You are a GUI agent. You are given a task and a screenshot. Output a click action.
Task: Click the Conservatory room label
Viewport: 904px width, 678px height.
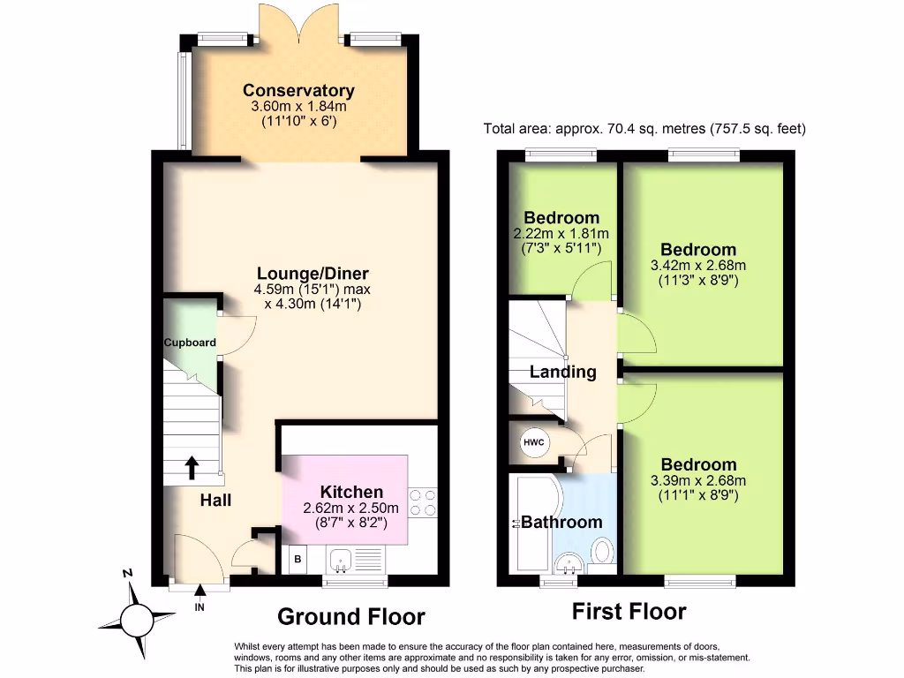pos(298,91)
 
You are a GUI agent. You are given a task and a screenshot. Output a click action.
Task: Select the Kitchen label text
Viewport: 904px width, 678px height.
pos(351,492)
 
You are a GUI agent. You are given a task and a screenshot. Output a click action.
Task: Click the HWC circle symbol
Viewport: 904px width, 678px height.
pos(534,442)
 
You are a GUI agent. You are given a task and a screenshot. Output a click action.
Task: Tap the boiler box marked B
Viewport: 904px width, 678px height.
pos(298,559)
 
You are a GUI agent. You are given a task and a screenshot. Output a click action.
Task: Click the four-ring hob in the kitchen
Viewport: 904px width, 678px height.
pos(422,501)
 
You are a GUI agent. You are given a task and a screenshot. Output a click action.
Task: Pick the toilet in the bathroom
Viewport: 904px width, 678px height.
pos(601,553)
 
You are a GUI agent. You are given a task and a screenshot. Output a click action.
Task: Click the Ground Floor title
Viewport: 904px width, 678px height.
pos(351,616)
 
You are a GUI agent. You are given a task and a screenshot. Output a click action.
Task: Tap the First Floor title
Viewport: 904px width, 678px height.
pos(629,611)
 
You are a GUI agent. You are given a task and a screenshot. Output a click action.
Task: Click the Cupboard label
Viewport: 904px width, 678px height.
pos(190,343)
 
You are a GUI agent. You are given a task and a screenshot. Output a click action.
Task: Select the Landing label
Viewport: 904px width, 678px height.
pos(562,372)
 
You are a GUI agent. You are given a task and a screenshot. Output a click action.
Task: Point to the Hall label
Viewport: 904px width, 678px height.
pos(215,501)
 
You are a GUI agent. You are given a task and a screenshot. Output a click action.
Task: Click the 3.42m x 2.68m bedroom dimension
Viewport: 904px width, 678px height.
pos(698,266)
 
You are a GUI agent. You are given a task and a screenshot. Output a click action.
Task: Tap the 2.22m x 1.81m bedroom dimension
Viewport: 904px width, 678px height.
pos(561,234)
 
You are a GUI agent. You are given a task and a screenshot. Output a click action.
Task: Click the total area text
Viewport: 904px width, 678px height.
pos(644,129)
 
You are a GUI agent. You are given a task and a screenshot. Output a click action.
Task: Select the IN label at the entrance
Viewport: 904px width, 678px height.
pos(200,607)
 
